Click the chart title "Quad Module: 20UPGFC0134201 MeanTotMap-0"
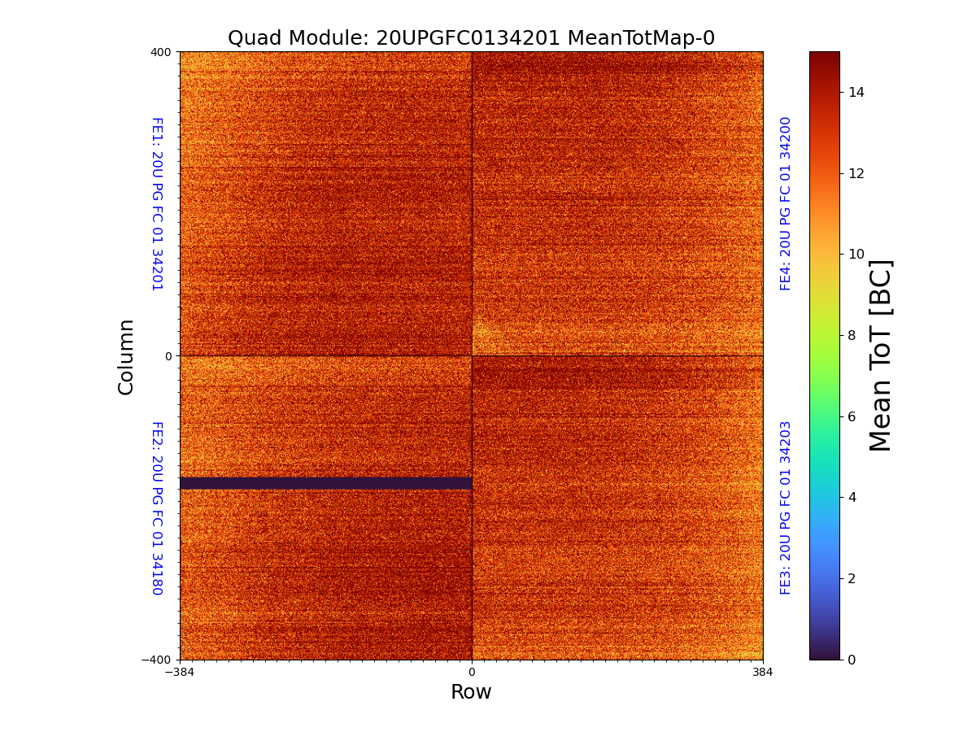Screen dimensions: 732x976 (471, 38)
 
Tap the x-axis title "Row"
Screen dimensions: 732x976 (471, 692)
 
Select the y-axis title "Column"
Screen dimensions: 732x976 (126, 356)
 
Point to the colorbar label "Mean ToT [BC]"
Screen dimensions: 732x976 (881, 355)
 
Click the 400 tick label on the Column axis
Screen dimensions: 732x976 (161, 52)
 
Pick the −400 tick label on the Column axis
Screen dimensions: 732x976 (157, 660)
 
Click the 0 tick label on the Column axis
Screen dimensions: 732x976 (168, 356)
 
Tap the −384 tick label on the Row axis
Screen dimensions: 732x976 (180, 673)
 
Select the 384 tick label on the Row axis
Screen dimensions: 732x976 (763, 673)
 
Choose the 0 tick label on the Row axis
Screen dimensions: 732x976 (472, 673)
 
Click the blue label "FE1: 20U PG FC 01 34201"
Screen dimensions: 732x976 (157, 204)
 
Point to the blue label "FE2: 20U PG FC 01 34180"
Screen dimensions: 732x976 (157, 508)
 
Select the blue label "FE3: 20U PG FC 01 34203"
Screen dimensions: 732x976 (786, 508)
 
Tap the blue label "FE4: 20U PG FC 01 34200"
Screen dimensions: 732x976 (786, 203)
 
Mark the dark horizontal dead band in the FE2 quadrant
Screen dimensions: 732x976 (325, 483)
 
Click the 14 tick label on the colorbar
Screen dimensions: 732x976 (856, 93)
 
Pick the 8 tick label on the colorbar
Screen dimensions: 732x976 (852, 335)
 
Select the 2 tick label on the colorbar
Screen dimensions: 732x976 (852, 578)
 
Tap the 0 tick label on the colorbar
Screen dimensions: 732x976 (852, 660)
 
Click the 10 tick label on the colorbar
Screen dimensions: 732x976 (856, 255)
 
